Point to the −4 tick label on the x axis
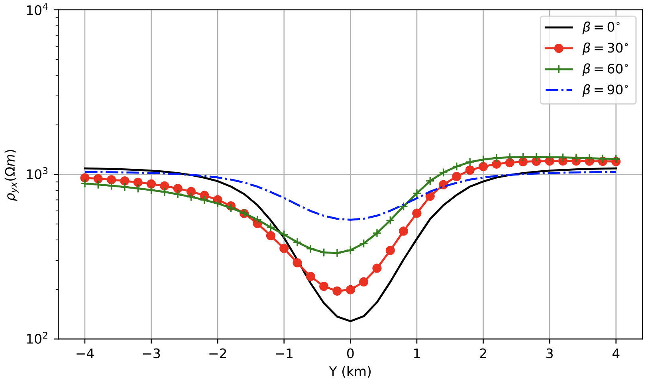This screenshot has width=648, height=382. [84, 353]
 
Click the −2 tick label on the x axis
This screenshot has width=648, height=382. [217, 353]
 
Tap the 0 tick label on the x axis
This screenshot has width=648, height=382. [350, 353]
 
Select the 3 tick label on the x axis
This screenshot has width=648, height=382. [550, 353]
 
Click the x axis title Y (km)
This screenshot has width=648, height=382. [350, 371]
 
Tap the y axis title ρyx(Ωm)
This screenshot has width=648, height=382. [14, 175]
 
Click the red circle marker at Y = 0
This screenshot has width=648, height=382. [350, 290]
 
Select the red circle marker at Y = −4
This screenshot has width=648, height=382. [84, 178]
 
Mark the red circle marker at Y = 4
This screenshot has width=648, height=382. [616, 162]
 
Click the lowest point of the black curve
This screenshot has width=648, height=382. [350, 321]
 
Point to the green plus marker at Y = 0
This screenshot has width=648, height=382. [350, 250]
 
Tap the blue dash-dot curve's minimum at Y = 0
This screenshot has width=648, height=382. [350, 220]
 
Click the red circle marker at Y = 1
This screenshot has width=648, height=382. [417, 213]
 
